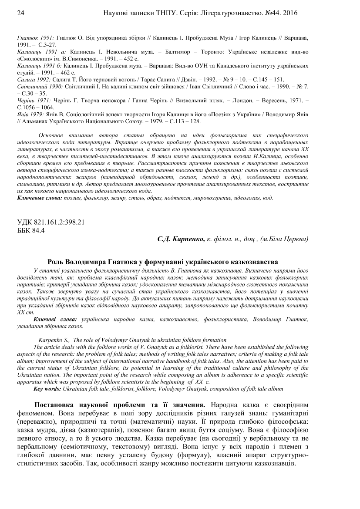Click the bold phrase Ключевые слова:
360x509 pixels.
click(x=40, y=198)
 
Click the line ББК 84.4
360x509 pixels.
click(x=31, y=230)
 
